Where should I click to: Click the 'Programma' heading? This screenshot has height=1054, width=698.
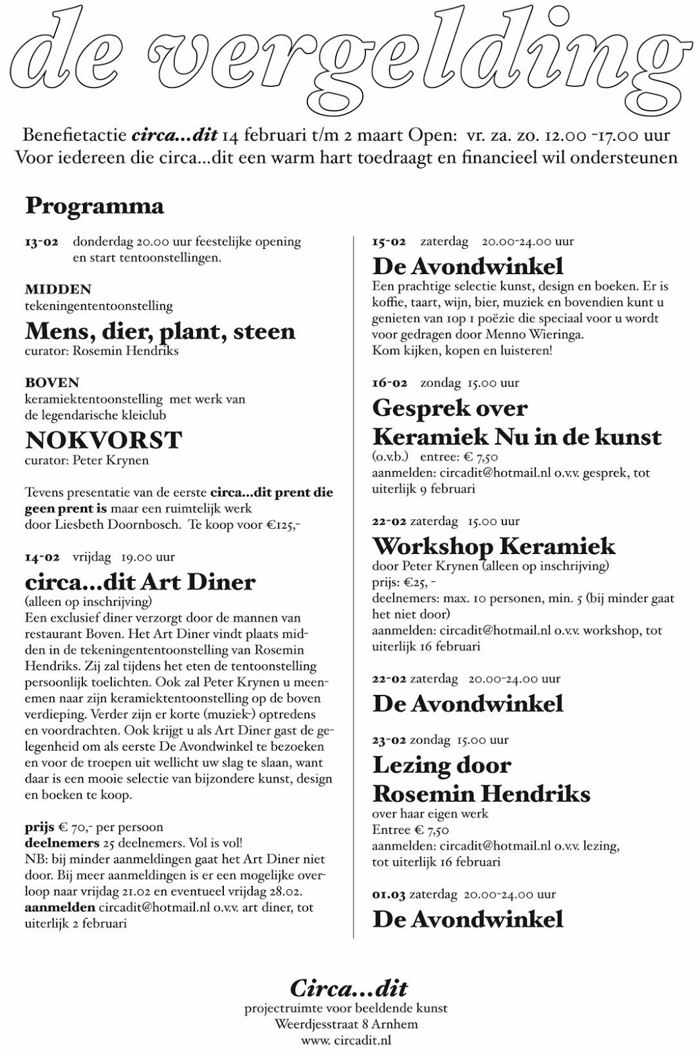(94, 206)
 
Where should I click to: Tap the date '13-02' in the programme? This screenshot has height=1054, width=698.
(41, 242)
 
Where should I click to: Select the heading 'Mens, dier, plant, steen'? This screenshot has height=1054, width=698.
(160, 331)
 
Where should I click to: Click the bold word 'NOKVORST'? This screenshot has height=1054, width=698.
(103, 440)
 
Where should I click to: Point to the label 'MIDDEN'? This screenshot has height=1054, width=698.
(58, 289)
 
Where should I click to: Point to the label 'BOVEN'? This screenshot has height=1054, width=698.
(52, 383)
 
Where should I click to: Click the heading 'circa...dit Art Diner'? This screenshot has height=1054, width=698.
(140, 582)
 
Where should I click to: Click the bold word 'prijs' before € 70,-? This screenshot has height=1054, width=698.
(40, 827)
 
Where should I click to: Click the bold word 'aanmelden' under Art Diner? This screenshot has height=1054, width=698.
(60, 908)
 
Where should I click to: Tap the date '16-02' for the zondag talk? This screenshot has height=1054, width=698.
(390, 383)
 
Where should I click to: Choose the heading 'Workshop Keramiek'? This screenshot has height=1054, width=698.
(494, 546)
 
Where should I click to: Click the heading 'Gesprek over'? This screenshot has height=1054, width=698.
(450, 408)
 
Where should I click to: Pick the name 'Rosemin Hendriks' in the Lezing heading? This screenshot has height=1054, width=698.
(481, 793)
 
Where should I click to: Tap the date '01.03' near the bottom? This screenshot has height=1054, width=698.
(389, 895)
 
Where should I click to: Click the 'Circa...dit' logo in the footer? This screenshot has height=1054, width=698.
(348, 988)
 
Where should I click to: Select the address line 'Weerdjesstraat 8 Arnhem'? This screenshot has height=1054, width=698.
(346, 1024)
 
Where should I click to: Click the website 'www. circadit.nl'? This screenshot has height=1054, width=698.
(346, 1041)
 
